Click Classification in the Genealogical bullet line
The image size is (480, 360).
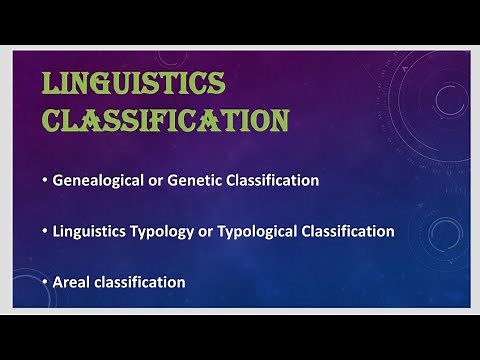coord(276,181)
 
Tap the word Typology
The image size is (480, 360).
coord(171,231)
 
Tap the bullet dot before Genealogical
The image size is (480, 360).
coord(46,181)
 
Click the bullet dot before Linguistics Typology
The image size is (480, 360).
coord(46,231)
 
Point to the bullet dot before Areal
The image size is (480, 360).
coord(46,282)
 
